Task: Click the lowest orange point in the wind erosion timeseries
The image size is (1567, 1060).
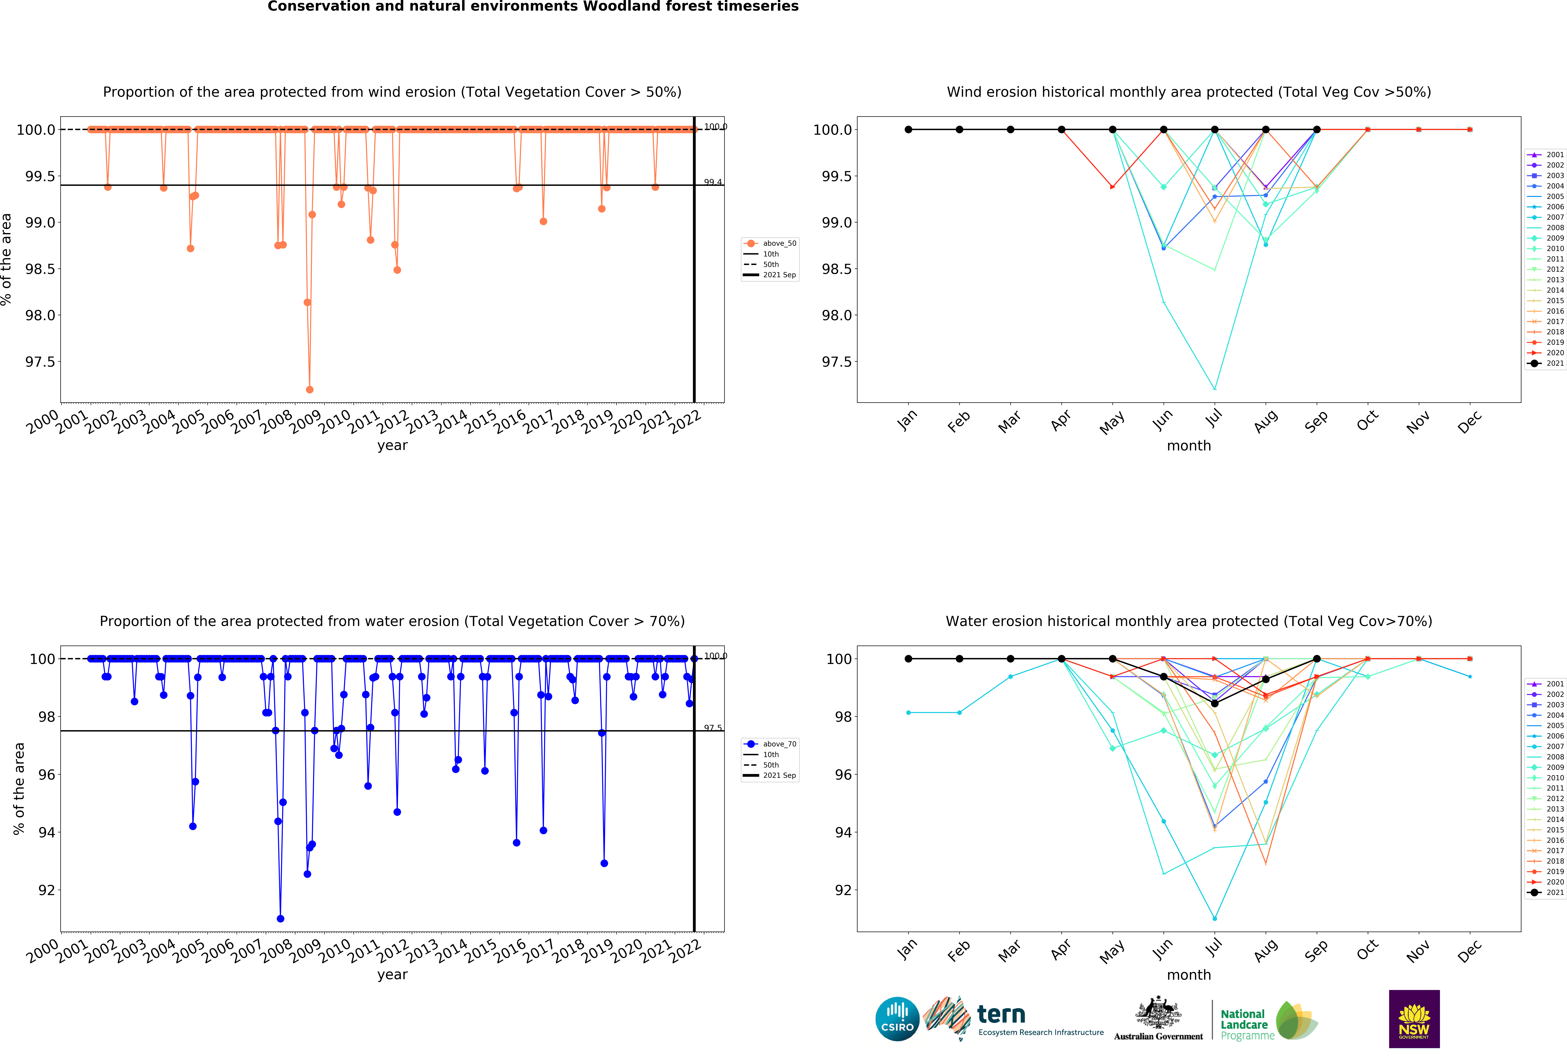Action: coord(309,389)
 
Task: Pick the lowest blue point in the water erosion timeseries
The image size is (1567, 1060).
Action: coord(280,918)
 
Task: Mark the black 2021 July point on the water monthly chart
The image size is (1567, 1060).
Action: coord(1214,703)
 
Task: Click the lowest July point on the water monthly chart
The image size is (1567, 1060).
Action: coord(1214,918)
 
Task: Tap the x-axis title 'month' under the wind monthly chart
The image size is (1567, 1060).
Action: coord(1189,446)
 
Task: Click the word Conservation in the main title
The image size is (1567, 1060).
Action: coord(313,7)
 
